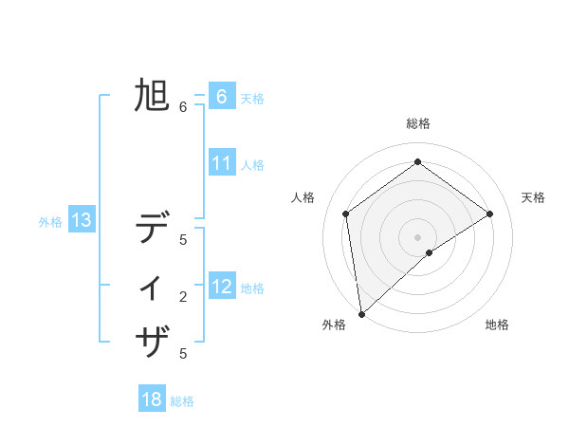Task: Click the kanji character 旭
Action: click(152, 96)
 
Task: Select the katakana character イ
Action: click(152, 286)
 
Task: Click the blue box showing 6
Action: click(221, 97)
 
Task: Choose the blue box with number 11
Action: click(221, 163)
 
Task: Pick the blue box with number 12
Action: click(221, 287)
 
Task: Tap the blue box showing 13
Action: click(82, 221)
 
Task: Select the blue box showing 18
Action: click(152, 400)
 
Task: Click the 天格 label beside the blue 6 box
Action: click(252, 99)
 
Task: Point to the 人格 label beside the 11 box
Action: click(252, 165)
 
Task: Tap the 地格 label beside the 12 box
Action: click(252, 288)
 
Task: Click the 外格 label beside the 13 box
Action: click(50, 223)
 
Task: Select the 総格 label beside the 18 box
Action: click(182, 401)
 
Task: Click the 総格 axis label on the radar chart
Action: click(417, 123)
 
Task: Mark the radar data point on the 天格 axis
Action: click(489, 214)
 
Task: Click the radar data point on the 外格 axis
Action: click(360, 313)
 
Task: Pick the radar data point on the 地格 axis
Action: click(430, 252)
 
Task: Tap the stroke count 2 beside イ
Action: click(183, 297)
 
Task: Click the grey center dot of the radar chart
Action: click(417, 236)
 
